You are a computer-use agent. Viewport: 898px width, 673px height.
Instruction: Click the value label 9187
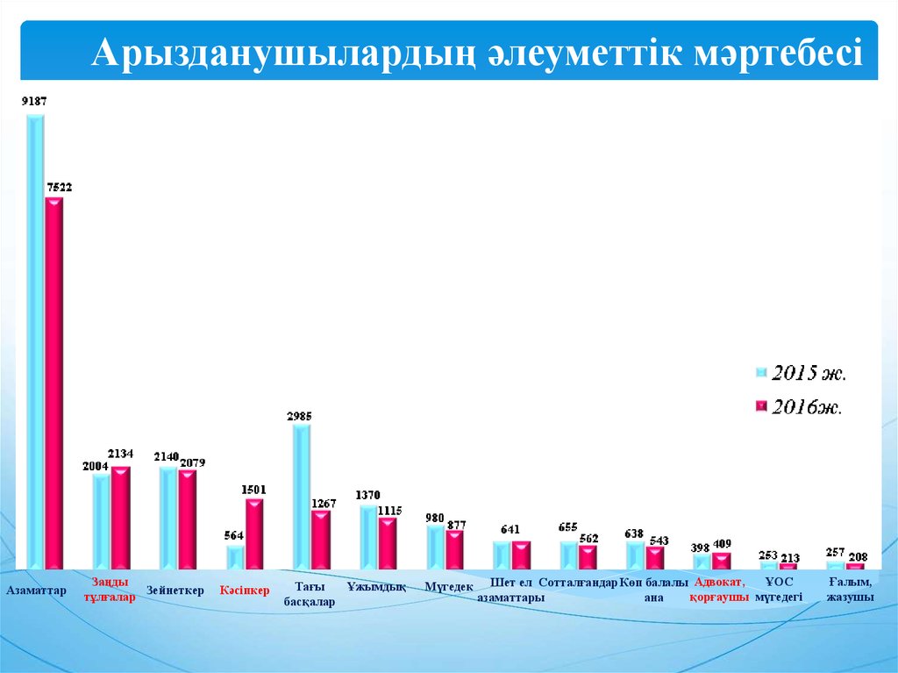click(x=34, y=102)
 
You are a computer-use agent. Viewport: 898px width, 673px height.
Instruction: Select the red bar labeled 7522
click(x=54, y=377)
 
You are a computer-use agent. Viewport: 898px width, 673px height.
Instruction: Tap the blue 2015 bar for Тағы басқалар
click(x=300, y=496)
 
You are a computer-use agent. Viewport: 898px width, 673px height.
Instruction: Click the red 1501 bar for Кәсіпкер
click(x=254, y=533)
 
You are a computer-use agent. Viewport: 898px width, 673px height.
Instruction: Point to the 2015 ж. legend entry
click(x=808, y=374)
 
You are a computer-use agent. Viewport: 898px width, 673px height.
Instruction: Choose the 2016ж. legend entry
click(x=806, y=407)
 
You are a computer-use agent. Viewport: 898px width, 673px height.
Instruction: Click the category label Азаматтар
click(x=37, y=591)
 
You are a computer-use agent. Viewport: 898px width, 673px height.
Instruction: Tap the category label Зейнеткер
click(x=175, y=591)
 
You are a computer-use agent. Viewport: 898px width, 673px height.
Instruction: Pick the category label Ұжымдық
click(x=376, y=587)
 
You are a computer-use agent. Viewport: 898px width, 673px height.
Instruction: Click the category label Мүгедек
click(x=449, y=587)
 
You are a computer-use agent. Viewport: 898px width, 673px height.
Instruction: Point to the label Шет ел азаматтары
click(x=511, y=590)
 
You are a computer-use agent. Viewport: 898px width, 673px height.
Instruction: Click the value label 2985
click(x=299, y=417)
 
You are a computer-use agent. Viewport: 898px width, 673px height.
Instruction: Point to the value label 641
click(x=510, y=530)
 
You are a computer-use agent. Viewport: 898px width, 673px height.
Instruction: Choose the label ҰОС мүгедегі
click(x=779, y=590)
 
